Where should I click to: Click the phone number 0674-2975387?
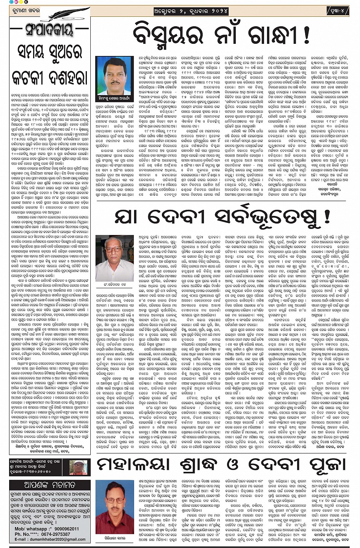tap(56, 534)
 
